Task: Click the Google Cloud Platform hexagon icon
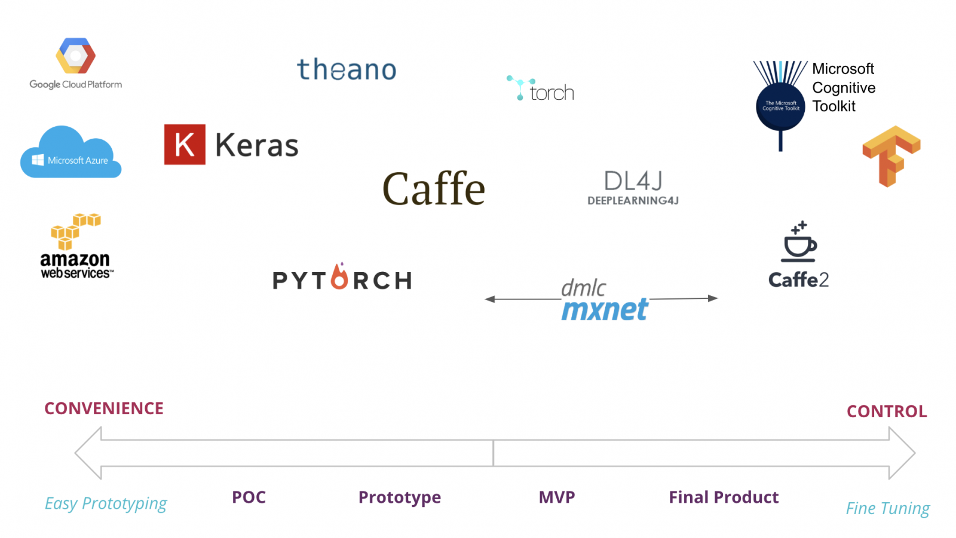(75, 57)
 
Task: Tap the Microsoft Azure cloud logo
(71, 155)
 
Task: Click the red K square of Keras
(185, 145)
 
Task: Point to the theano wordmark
(347, 70)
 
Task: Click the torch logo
(541, 90)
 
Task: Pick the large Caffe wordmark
(434, 189)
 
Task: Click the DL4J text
(633, 181)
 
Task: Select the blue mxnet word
(605, 310)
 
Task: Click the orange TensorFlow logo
(891, 155)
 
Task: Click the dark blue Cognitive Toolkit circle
(780, 106)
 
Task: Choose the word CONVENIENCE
(104, 408)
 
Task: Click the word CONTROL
(887, 411)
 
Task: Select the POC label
(249, 497)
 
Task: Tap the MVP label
(557, 497)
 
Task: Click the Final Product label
(724, 497)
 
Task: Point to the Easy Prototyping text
(106, 503)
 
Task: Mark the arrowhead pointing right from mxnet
(713, 298)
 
